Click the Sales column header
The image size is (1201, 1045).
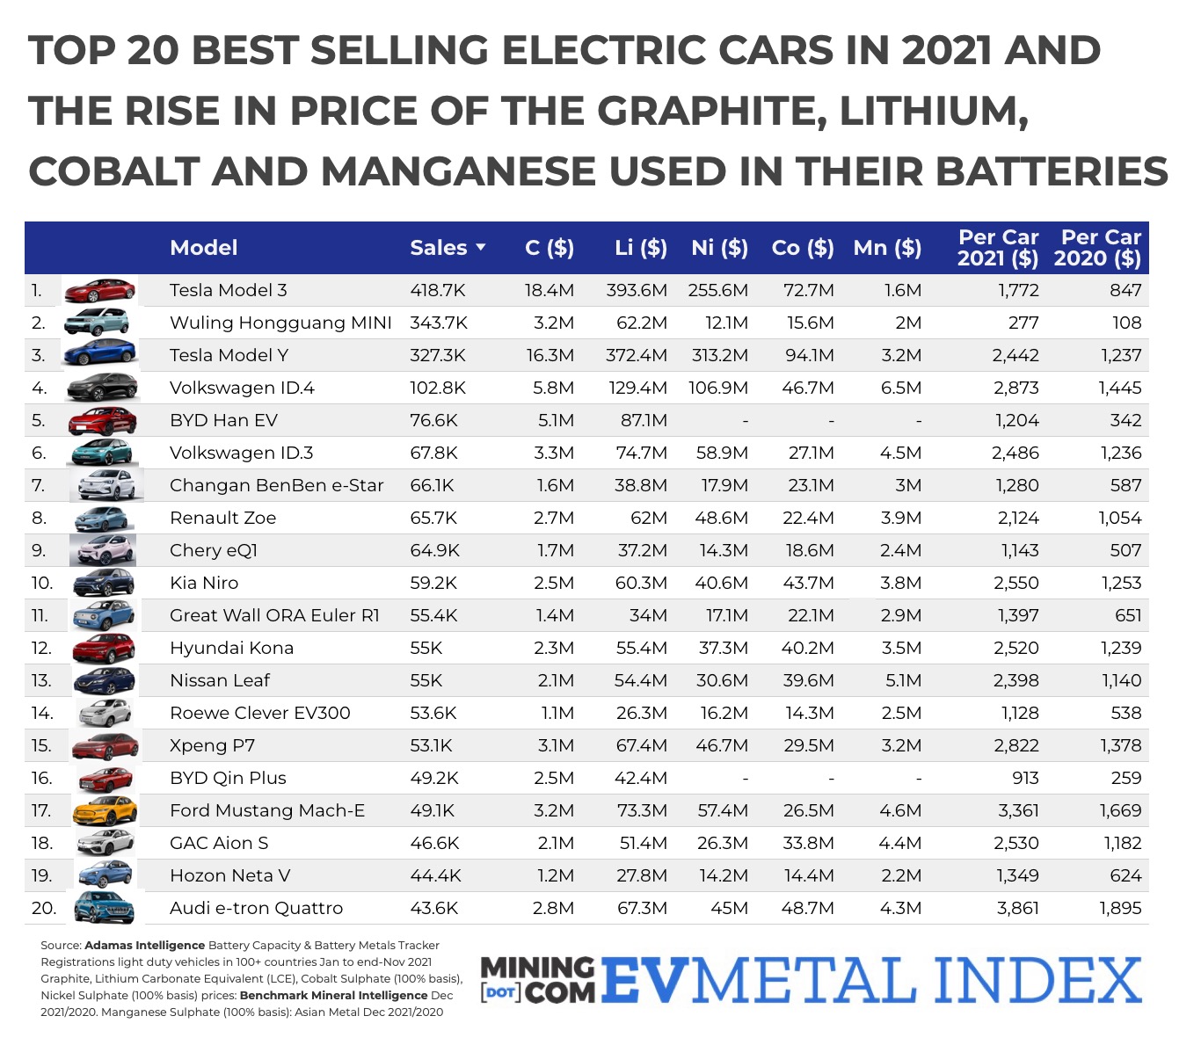click(x=438, y=248)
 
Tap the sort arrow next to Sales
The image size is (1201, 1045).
click(x=481, y=248)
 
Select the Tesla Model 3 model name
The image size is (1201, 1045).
click(x=228, y=290)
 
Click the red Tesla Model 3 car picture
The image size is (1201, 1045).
click(x=100, y=290)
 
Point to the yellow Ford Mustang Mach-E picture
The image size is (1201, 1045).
click(x=105, y=810)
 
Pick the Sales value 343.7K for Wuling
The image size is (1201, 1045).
click(x=438, y=323)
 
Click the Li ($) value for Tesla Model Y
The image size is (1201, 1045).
click(x=636, y=355)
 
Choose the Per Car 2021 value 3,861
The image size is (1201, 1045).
click(x=1017, y=908)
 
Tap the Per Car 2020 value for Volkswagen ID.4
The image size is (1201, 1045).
click(x=1119, y=388)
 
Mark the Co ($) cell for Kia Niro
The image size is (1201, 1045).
click(x=807, y=583)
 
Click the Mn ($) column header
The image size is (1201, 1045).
click(x=886, y=248)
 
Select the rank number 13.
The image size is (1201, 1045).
click(x=41, y=680)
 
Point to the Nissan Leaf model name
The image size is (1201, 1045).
click(x=219, y=680)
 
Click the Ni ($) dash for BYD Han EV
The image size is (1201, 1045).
click(x=745, y=421)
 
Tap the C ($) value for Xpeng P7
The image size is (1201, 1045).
click(x=555, y=745)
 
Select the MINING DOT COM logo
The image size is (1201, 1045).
click(x=537, y=980)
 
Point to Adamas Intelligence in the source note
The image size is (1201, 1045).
click(x=144, y=946)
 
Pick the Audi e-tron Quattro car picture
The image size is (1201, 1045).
click(x=104, y=907)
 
